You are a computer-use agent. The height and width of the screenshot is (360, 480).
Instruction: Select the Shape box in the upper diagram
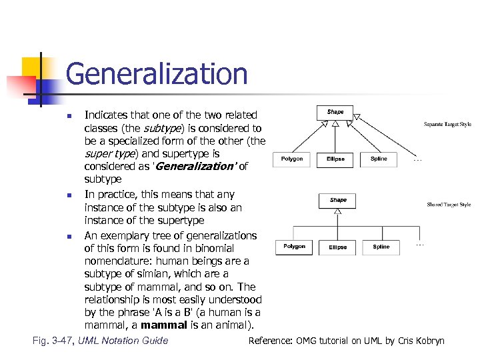[x=335, y=112]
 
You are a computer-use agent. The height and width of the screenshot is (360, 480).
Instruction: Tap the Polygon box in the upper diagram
[x=292, y=159]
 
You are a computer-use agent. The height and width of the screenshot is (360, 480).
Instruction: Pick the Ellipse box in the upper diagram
[x=335, y=159]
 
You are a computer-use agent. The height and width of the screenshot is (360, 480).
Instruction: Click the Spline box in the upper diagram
[x=379, y=159]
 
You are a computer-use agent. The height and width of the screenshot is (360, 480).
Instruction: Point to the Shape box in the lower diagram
[x=338, y=200]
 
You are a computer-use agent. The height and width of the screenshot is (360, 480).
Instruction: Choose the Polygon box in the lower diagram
[x=294, y=247]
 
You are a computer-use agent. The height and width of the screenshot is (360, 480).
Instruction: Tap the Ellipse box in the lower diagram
[x=337, y=247]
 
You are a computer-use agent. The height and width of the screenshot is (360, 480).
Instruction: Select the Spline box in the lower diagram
[x=381, y=247]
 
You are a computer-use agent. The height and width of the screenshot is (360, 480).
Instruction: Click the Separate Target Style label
[x=447, y=124]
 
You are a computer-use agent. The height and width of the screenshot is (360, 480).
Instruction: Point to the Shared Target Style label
[x=449, y=205]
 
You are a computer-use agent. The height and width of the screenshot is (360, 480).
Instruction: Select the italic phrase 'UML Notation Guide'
[x=123, y=341]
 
